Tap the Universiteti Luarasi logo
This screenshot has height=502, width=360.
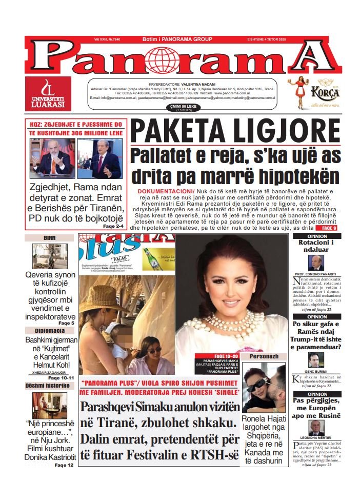(x=48, y=94)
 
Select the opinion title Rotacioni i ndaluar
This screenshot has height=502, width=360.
(x=316, y=246)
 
